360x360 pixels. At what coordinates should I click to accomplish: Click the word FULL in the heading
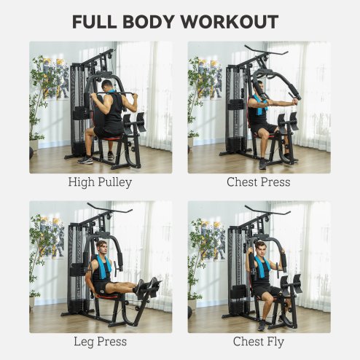(x=98, y=22)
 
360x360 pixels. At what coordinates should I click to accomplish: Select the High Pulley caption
(x=100, y=182)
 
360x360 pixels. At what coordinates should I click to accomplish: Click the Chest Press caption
(x=259, y=182)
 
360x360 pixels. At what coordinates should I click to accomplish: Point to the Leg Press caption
(x=100, y=341)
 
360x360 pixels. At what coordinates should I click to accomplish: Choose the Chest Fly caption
(x=259, y=341)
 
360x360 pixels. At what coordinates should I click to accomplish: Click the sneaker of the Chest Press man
(x=262, y=163)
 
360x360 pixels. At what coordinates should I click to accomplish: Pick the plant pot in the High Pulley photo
(x=34, y=146)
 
